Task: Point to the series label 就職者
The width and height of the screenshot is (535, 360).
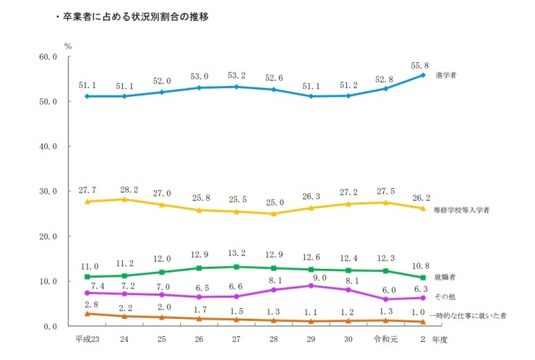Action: [445, 277]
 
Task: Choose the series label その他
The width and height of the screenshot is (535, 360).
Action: [445, 297]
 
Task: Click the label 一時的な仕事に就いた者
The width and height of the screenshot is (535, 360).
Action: [470, 316]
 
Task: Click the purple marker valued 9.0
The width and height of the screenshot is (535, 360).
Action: [311, 286]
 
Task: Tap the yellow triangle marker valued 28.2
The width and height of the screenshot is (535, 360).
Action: [124, 199]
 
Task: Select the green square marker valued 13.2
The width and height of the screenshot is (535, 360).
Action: [236, 267]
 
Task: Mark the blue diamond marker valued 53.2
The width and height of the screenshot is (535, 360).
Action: [236, 87]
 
